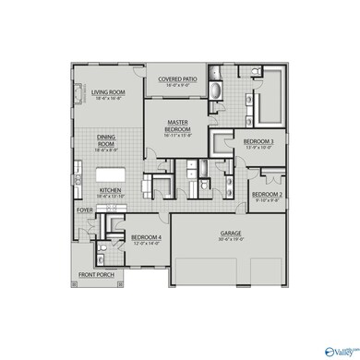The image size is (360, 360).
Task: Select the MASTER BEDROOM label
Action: click(178, 125)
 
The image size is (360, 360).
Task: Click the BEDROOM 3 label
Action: click(258, 141)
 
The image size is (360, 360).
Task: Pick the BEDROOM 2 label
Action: click(267, 195)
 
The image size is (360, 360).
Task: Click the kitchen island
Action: click(103, 176)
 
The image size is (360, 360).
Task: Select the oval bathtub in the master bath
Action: click(214, 93)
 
